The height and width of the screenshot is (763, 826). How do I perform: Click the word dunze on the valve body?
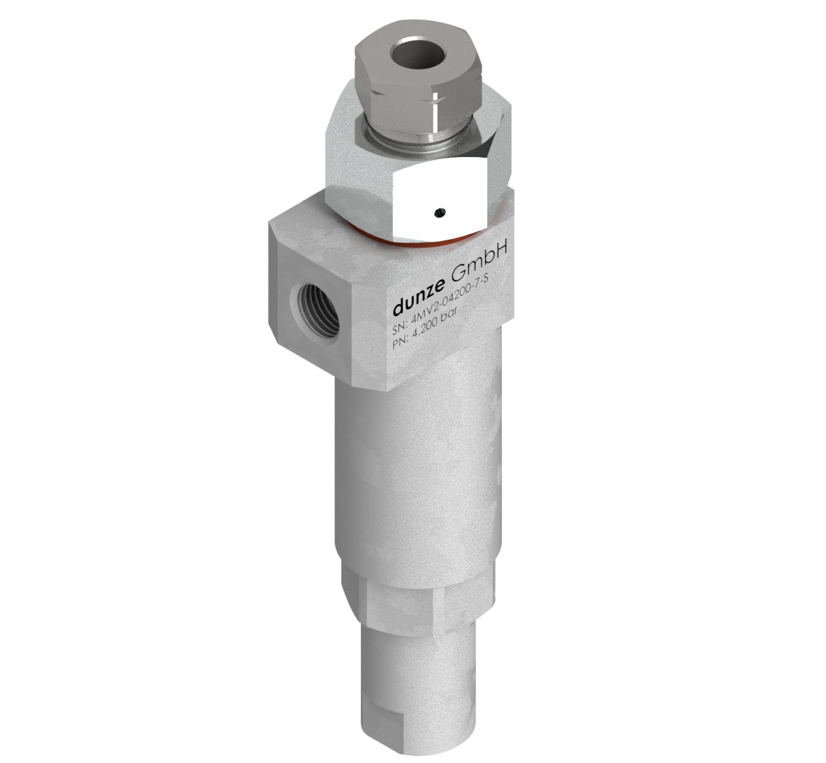pos(418,300)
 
